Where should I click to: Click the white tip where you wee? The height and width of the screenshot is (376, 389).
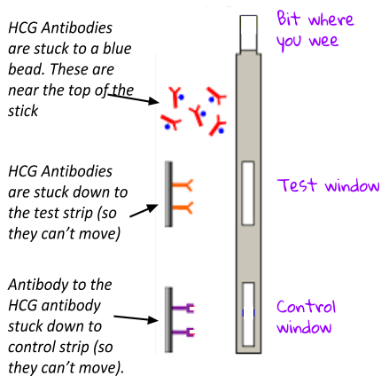248,34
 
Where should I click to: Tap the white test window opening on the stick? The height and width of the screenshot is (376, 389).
248,193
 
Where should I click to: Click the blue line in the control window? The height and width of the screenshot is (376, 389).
248,313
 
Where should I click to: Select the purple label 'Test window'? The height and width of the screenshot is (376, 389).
329,186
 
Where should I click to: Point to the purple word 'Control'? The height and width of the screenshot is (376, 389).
306,307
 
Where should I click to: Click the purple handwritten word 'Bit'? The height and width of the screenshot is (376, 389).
289,19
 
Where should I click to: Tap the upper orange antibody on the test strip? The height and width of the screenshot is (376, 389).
183,185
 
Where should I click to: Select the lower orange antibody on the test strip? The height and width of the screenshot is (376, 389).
183,208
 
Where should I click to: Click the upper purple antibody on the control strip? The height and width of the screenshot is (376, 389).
183,309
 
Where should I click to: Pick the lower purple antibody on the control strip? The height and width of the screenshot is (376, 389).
183,333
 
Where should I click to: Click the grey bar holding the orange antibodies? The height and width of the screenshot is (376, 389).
168,194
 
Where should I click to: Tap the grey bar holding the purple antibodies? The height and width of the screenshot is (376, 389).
168,319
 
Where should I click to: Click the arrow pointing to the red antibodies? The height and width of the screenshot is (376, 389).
134,98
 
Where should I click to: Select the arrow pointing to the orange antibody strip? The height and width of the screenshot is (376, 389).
144,210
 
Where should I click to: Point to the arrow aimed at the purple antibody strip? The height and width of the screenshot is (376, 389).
136,318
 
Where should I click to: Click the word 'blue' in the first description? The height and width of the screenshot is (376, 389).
117,49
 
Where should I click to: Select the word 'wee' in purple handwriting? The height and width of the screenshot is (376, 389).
323,41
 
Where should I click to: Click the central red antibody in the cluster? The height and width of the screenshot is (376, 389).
197,114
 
